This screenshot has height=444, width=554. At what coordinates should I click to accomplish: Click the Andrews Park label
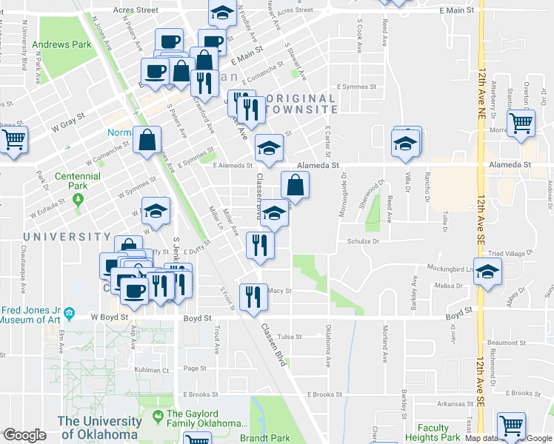[67, 44]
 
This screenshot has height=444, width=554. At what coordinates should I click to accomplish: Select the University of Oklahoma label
[100, 428]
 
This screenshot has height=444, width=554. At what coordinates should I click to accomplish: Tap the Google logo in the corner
[26, 434]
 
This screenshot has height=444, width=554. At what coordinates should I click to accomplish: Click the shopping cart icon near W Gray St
[13, 139]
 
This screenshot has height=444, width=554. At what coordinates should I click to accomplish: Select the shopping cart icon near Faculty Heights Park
[511, 425]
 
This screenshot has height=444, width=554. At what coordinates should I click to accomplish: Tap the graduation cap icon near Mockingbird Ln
[488, 273]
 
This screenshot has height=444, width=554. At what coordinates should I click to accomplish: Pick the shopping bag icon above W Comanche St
[148, 140]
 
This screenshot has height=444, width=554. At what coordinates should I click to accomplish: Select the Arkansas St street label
[454, 404]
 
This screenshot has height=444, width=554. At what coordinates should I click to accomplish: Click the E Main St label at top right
[455, 10]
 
